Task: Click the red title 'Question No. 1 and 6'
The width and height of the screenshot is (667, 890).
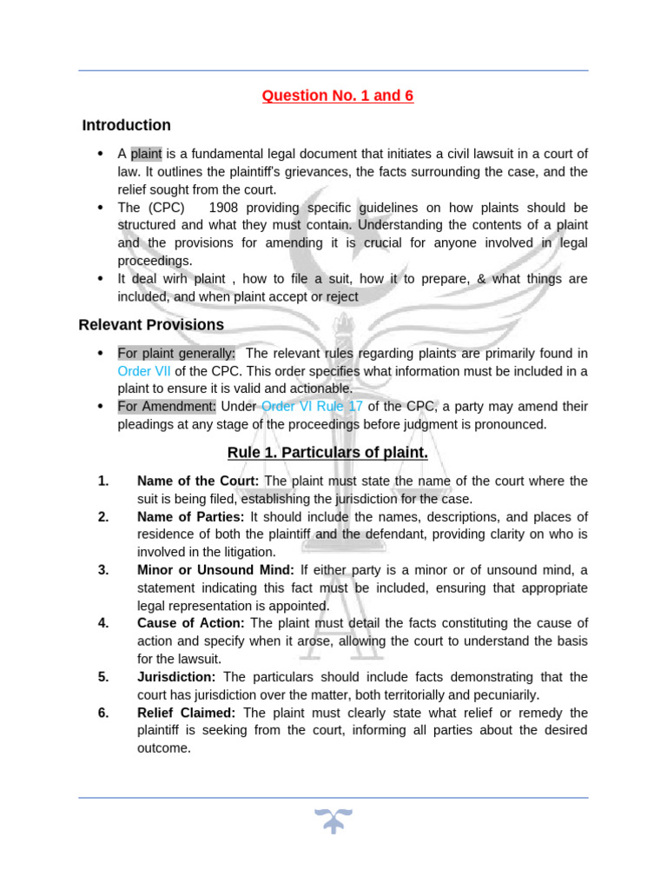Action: (x=338, y=96)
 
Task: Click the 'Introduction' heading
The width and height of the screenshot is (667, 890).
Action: (x=127, y=125)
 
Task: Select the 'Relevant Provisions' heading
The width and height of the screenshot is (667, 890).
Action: (x=151, y=325)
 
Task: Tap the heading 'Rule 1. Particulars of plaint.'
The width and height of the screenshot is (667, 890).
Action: (x=327, y=453)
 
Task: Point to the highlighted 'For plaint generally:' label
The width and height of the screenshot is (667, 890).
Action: (x=176, y=353)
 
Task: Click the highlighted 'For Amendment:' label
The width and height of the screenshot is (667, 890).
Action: (x=168, y=407)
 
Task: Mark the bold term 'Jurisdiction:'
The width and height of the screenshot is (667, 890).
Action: (x=177, y=676)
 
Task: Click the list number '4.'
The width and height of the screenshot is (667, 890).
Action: (x=103, y=623)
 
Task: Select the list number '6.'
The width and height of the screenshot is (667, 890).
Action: (x=103, y=713)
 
